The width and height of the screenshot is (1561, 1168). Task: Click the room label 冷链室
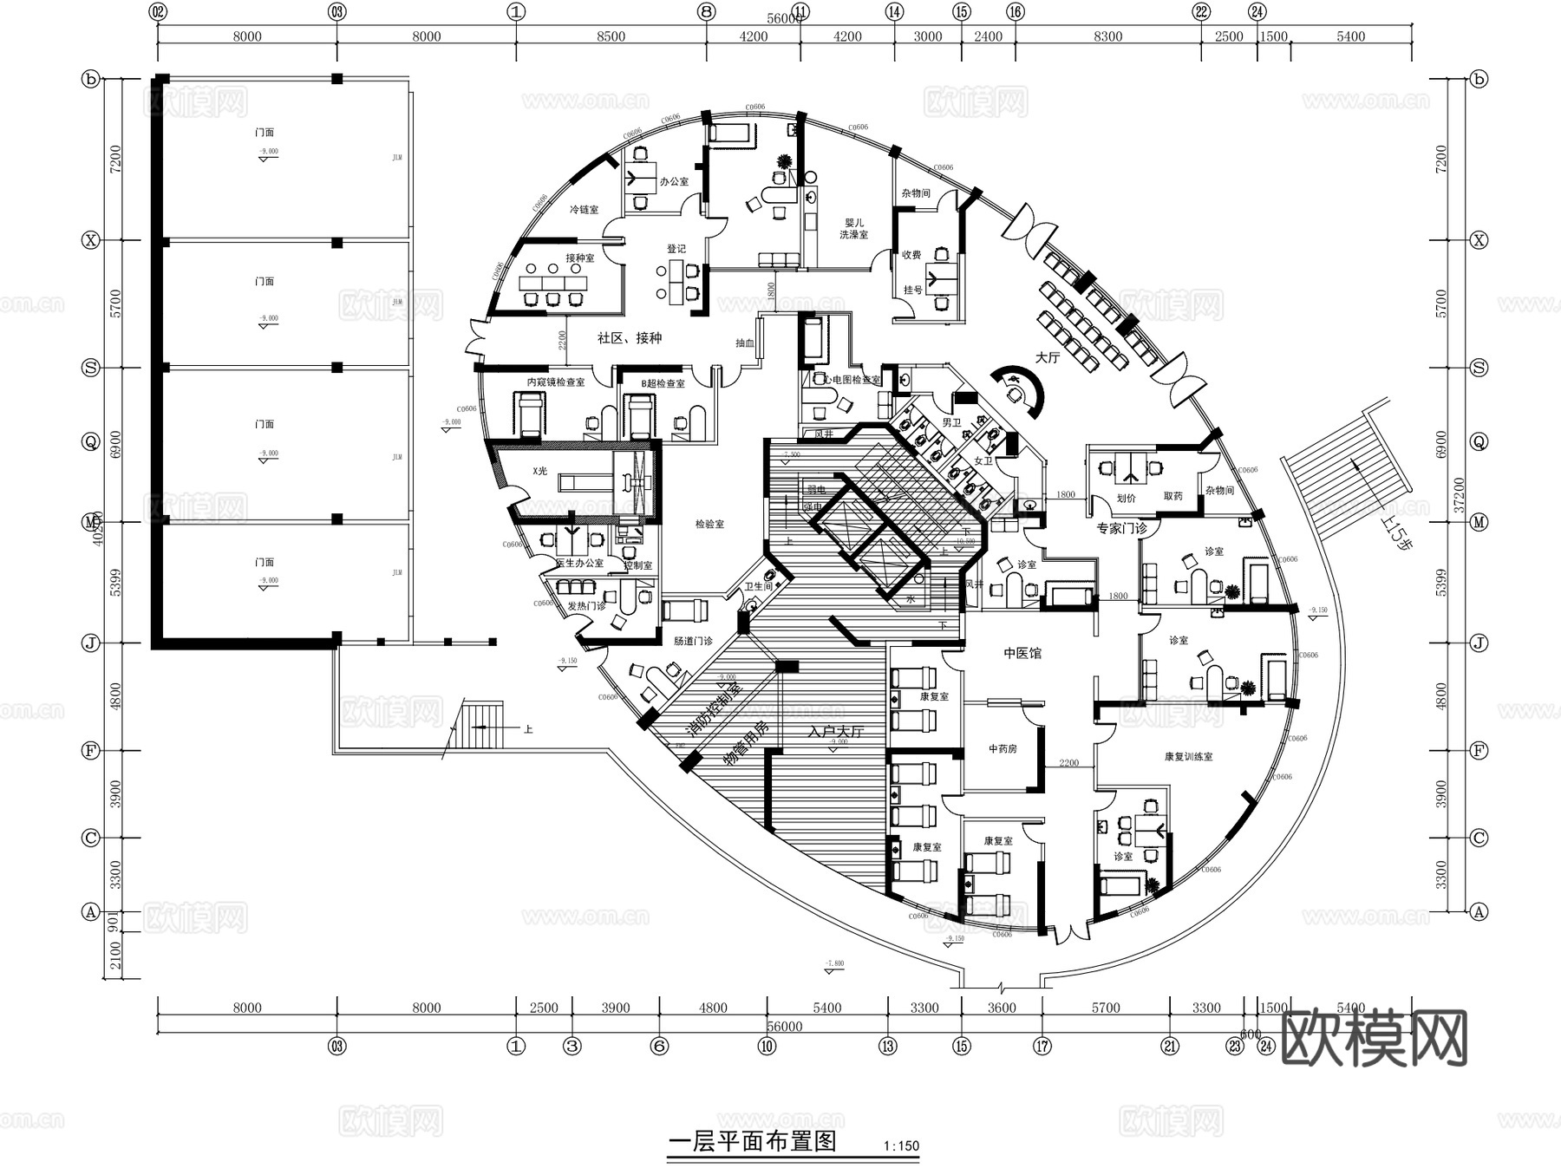[x=584, y=210]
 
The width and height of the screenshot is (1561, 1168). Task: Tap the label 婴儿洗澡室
[x=853, y=229]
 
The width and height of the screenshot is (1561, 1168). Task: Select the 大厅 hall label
[x=1048, y=357]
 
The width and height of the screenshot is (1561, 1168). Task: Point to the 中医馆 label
[x=1022, y=653]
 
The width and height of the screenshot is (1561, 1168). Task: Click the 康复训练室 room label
[x=1188, y=757]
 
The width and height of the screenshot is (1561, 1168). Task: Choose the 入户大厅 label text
[x=836, y=731]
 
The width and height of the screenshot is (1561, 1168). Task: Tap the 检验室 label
[x=709, y=525]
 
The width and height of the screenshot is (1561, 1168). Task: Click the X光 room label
[x=540, y=471]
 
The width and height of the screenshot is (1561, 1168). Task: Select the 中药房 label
[x=1003, y=748]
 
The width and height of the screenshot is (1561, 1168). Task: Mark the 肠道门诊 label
[x=693, y=641]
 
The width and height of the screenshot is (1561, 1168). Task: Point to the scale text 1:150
[x=901, y=1145]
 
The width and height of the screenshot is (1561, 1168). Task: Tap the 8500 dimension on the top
[x=611, y=36]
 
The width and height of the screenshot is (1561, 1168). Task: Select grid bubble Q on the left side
[x=91, y=442]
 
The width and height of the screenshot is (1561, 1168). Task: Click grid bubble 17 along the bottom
[x=1042, y=1047]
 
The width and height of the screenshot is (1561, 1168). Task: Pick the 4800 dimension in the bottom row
[x=713, y=1008]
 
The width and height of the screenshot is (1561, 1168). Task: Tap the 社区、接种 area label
[x=630, y=338]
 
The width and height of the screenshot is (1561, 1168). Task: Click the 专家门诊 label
[x=1121, y=528]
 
